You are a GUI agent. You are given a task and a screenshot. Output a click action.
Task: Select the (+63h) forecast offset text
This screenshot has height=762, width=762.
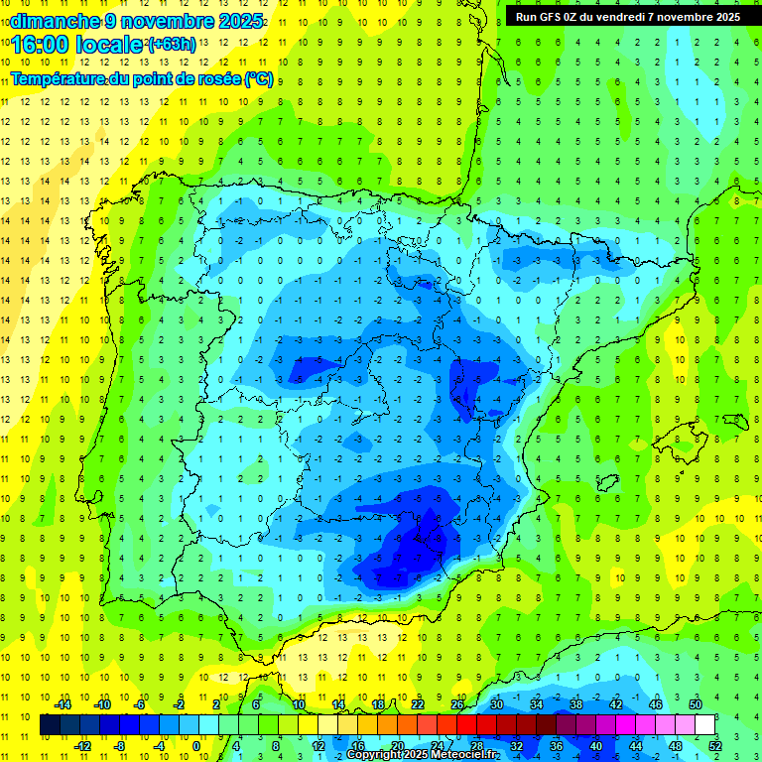(x=172, y=45)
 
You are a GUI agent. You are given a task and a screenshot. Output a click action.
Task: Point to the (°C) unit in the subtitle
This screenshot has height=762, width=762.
(x=258, y=78)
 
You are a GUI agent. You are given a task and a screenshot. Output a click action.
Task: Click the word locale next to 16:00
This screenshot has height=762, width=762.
(x=111, y=45)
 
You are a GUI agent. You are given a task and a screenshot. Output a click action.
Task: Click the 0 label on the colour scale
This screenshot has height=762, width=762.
(x=195, y=745)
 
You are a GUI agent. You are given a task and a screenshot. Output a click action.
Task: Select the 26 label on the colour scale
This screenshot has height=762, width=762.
(x=457, y=704)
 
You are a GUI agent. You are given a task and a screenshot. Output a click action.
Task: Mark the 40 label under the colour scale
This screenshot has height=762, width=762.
(x=595, y=745)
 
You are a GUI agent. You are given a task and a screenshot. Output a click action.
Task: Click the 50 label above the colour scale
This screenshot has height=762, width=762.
(x=696, y=704)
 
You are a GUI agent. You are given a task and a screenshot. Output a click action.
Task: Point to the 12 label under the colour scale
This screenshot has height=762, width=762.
(x=318, y=745)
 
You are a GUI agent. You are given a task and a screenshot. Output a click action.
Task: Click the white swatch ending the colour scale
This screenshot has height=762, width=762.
(x=704, y=724)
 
